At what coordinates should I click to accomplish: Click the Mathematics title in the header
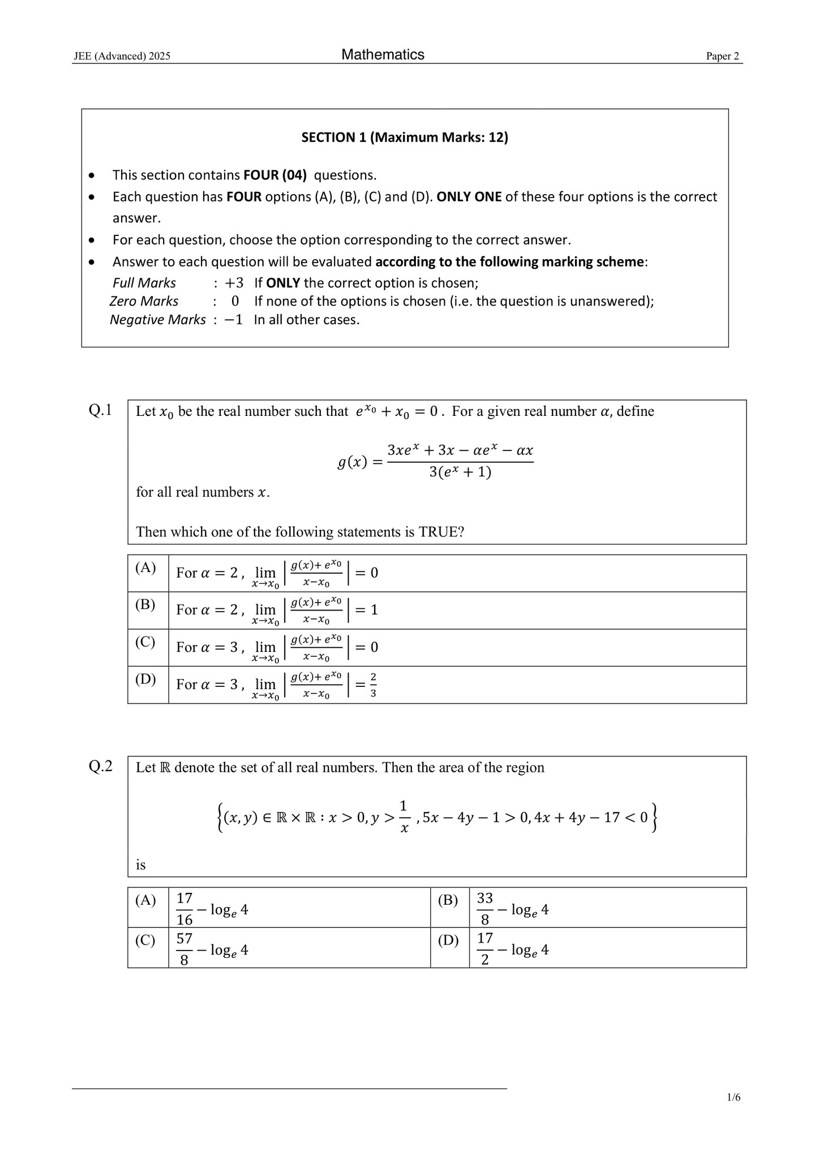point(383,54)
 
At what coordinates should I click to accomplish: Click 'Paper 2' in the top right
point(722,56)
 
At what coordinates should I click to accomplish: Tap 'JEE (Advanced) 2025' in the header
point(122,56)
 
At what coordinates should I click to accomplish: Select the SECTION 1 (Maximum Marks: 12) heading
point(405,137)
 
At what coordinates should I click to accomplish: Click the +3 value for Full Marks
point(234,283)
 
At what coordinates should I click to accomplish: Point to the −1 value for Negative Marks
point(233,320)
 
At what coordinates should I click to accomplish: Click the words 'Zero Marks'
point(144,301)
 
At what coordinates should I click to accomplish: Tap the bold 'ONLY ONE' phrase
point(469,197)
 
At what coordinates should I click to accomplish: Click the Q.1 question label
point(100,410)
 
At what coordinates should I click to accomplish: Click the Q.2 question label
point(100,766)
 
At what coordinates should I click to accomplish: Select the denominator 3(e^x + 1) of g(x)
point(460,472)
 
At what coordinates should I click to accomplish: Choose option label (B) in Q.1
point(145,604)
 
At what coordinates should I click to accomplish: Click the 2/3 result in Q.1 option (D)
point(373,685)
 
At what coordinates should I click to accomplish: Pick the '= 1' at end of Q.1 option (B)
point(366,610)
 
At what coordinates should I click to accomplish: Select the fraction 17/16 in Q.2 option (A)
point(185,909)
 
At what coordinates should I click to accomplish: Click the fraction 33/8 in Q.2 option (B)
point(484,909)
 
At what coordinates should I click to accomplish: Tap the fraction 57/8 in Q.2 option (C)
point(185,949)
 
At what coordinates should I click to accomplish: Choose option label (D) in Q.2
point(448,940)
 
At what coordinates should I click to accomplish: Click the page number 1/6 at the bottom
point(733,1098)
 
